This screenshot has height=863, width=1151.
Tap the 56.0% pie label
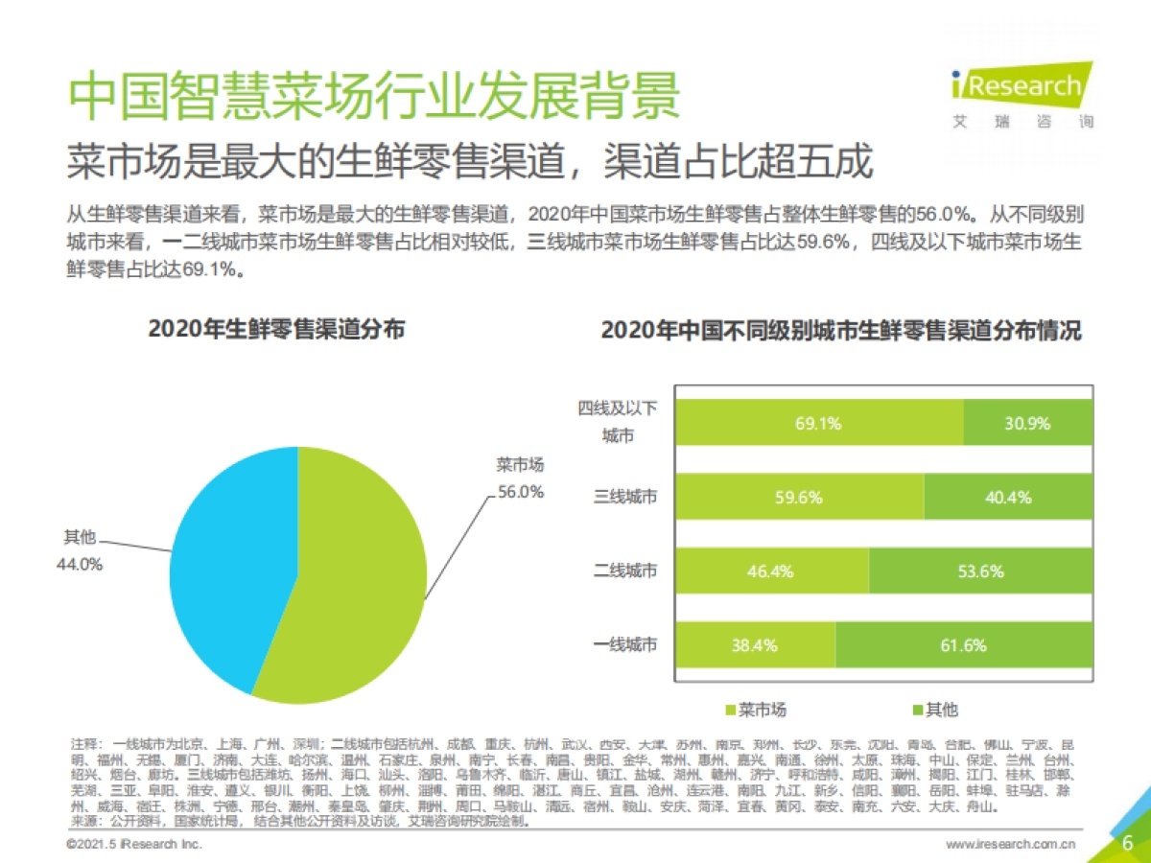(520, 492)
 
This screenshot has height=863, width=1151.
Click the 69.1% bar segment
(818, 423)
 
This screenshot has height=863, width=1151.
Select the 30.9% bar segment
(1027, 423)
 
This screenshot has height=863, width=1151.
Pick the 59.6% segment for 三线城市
(799, 497)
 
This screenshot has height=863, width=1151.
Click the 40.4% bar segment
(1008, 497)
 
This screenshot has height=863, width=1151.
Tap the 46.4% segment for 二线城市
(771, 571)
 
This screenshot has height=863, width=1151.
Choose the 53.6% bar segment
(980, 571)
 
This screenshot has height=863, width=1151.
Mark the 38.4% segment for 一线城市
(754, 644)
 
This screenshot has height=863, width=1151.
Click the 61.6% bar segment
(963, 644)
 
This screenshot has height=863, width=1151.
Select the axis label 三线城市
(626, 497)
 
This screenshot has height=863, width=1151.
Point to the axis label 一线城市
(626, 644)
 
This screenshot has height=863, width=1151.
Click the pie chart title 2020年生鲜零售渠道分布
(276, 330)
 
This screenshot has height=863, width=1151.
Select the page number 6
(1128, 843)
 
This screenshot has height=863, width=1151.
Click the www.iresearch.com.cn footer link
(1010, 844)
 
